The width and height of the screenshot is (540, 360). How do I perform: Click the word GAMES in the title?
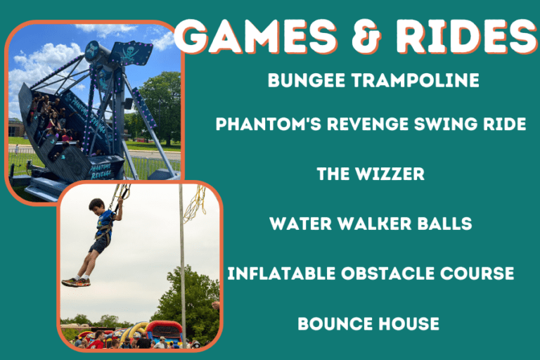(256, 36)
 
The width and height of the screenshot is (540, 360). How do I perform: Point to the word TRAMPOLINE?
(415, 80)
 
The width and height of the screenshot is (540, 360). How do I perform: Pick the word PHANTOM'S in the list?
(269, 124)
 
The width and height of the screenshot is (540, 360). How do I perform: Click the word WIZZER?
(390, 174)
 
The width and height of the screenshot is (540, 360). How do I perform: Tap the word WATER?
(300, 224)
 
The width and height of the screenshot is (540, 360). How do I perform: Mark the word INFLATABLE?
(281, 274)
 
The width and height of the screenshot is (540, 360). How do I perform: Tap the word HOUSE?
(409, 324)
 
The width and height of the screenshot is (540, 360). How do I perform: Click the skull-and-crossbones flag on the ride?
(131, 53)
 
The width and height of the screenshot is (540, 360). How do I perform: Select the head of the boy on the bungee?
(96, 206)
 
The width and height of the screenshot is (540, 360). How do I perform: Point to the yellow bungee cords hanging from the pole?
(195, 203)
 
